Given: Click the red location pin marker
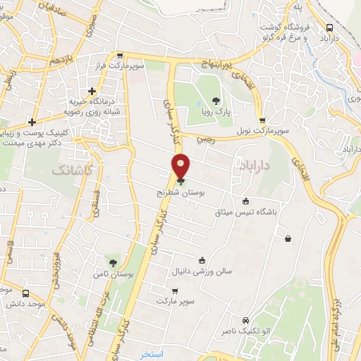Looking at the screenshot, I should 181,166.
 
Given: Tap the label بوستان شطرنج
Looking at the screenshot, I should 181,192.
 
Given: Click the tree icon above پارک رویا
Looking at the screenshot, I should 216,100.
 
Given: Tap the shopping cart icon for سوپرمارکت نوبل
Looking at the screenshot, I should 262,121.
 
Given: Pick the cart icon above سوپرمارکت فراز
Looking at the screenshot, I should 120,56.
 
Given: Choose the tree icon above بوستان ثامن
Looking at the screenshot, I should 113,262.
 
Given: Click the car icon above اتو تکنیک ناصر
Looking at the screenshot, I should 245,300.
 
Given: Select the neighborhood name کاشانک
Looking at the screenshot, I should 73,171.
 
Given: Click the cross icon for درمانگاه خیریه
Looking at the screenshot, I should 92,91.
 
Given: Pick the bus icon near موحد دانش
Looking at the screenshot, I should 26,293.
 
